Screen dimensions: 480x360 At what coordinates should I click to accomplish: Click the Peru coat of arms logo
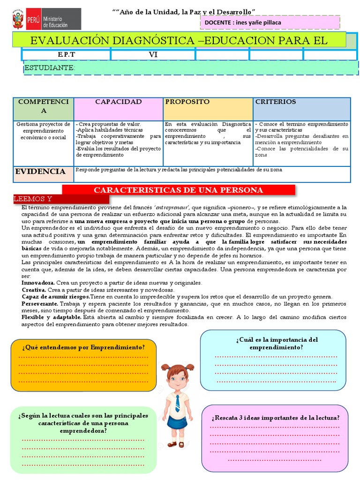pyautogui.click(x=18, y=19)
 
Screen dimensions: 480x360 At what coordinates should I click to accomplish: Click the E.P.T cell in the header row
pyautogui.click(x=66, y=55)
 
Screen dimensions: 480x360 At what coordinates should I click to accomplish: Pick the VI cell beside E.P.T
pyautogui.click(x=153, y=55)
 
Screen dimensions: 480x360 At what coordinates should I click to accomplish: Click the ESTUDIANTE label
pyautogui.click(x=49, y=68)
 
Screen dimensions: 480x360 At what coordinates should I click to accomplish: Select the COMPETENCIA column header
pyautogui.click(x=44, y=106)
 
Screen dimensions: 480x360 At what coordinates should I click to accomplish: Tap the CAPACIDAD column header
pyautogui.click(x=118, y=102)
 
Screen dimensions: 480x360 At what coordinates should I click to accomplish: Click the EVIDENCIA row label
pyautogui.click(x=40, y=172)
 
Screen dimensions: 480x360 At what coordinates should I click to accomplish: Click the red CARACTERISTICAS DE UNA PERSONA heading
pyautogui.click(x=179, y=190)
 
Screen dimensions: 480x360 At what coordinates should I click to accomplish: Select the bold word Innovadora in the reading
pyautogui.click(x=38, y=283)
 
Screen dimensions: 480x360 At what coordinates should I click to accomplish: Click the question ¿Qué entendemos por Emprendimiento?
pyautogui.click(x=83, y=347)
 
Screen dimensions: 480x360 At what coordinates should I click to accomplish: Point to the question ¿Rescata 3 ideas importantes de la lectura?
pyautogui.click(x=276, y=418)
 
